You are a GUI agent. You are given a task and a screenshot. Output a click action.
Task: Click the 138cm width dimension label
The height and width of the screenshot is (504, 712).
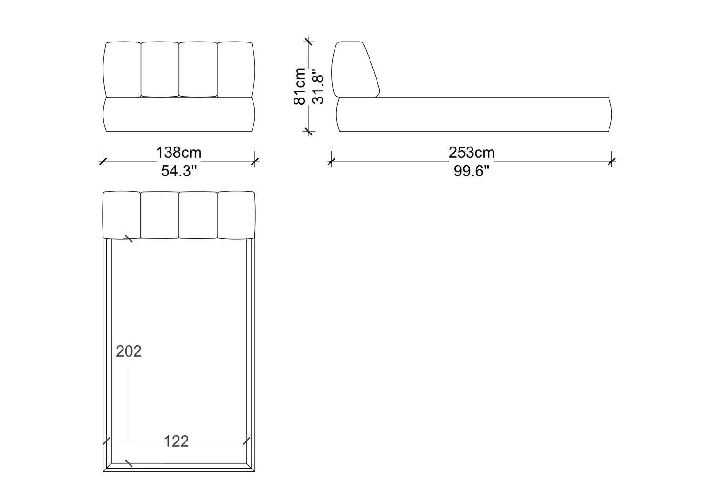[x=178, y=153]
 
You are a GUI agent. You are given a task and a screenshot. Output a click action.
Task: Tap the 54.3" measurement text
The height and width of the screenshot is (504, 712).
[x=179, y=171]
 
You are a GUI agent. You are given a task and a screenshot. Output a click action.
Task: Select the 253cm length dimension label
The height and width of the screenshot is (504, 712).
[x=472, y=153]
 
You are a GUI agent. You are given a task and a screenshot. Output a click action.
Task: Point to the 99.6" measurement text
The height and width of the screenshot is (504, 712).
[x=471, y=171]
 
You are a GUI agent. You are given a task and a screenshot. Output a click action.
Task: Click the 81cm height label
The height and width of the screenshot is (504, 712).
[x=300, y=86]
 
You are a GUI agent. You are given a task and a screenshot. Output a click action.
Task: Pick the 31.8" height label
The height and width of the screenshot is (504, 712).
[x=318, y=86]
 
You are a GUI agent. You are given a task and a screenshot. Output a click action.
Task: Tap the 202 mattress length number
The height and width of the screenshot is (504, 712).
[x=129, y=351]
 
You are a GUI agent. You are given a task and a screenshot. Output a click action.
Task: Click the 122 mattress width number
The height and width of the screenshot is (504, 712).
[x=176, y=441]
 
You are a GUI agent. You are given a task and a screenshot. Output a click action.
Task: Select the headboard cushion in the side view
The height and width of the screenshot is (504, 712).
[x=356, y=69]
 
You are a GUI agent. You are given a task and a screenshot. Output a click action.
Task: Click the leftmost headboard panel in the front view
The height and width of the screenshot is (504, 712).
[x=122, y=69]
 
